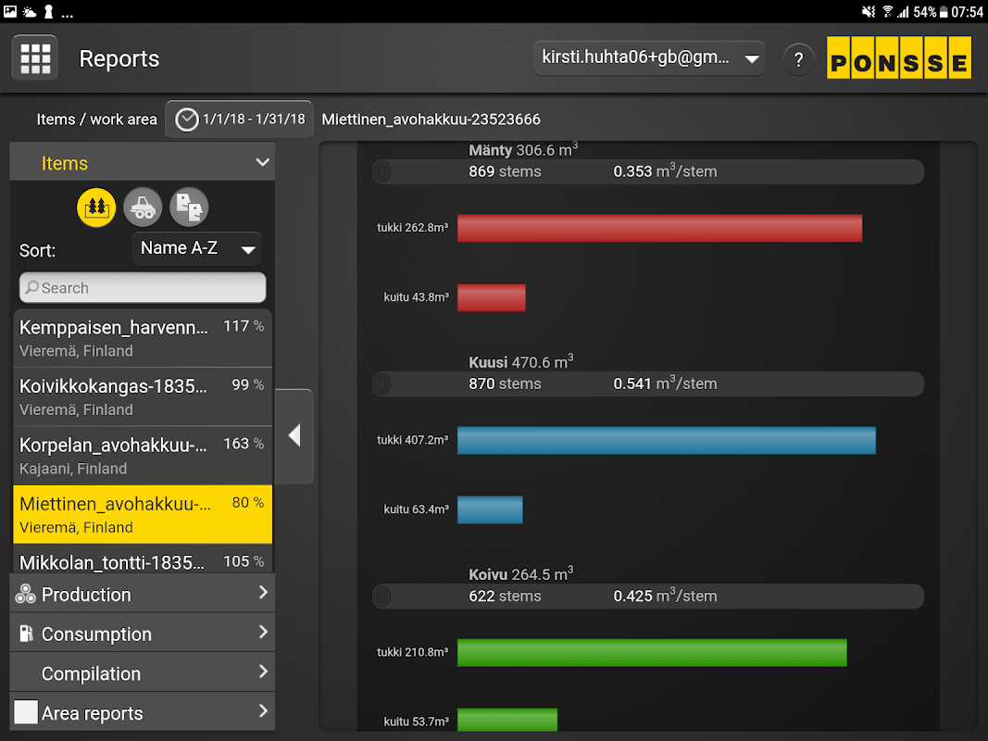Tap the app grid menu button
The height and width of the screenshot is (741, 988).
[35, 58]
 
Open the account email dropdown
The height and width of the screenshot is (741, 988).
[648, 58]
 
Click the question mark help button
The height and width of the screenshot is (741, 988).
[798, 59]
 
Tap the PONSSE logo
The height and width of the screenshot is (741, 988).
[898, 58]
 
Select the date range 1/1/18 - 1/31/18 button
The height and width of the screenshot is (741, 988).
[240, 119]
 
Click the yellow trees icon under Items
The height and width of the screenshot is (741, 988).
[96, 207]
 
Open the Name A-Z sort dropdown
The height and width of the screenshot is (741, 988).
[197, 248]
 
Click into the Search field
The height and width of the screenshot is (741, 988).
[143, 288]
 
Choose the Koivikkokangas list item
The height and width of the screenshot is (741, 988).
[143, 396]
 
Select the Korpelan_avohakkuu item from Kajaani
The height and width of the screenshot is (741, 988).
[143, 456]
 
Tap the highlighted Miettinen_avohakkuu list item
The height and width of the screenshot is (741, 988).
[143, 514]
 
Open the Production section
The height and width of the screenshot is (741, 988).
[143, 594]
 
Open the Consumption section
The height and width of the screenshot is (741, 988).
[143, 634]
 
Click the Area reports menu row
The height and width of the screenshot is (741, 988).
[143, 713]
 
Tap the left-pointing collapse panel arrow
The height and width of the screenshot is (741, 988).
[294, 435]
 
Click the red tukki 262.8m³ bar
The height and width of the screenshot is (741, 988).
[659, 228]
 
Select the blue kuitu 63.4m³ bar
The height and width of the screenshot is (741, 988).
[490, 509]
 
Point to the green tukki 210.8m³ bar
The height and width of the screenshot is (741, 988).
[652, 652]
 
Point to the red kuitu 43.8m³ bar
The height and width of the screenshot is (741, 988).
[491, 297]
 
